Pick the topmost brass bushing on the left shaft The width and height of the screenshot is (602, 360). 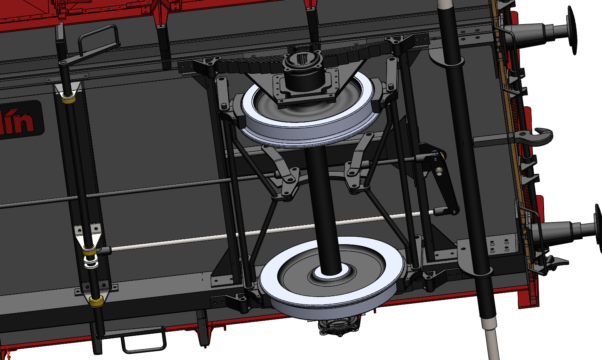(68, 99)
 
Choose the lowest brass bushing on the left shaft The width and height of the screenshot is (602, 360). (97, 301)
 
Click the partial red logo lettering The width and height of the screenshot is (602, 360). (19, 121)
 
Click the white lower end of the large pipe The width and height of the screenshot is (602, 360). (492, 340)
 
